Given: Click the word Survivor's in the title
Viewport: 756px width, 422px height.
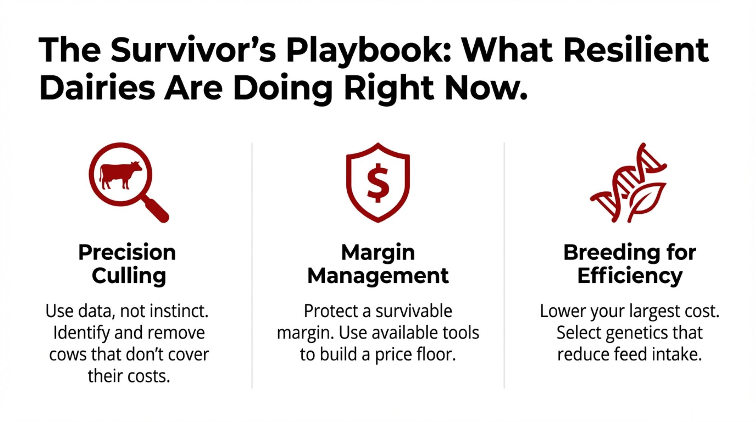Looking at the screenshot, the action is click(x=193, y=50).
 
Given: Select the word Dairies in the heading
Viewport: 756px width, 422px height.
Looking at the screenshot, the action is click(x=97, y=88).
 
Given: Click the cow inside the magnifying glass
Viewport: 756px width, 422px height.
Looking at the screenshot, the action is click(x=120, y=175).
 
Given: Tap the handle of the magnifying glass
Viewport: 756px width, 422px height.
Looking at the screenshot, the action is click(x=156, y=209).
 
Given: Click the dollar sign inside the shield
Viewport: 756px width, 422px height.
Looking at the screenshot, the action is click(x=378, y=183).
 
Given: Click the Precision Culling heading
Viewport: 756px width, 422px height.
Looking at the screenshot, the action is click(x=127, y=264).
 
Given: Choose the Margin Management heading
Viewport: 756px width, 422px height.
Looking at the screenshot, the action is click(x=378, y=264).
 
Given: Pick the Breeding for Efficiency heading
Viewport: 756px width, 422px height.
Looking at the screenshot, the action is click(x=630, y=264).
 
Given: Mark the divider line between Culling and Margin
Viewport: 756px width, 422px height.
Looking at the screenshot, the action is click(x=252, y=265).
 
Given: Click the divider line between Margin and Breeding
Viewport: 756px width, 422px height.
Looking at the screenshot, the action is click(x=504, y=265).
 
